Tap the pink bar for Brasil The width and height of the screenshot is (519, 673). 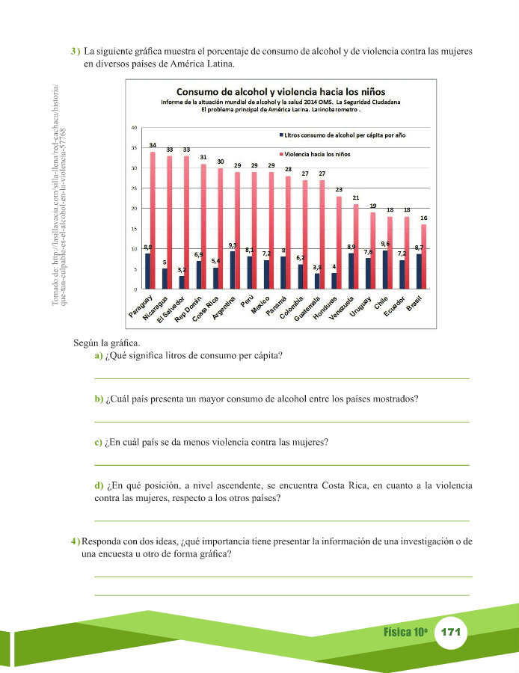tap(424, 256)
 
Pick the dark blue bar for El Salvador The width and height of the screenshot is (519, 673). tap(181, 282)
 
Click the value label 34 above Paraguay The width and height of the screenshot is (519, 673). tap(153, 144)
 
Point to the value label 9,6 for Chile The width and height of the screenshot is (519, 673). tap(385, 244)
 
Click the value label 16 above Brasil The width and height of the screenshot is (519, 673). tap(424, 217)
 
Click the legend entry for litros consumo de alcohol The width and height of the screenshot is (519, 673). tap(345, 135)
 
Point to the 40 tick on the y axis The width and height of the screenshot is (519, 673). tap(134, 128)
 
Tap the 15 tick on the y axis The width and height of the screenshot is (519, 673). tap(134, 228)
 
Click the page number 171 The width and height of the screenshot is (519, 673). tap(450, 632)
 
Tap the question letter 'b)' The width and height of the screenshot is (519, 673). tap(99, 399)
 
